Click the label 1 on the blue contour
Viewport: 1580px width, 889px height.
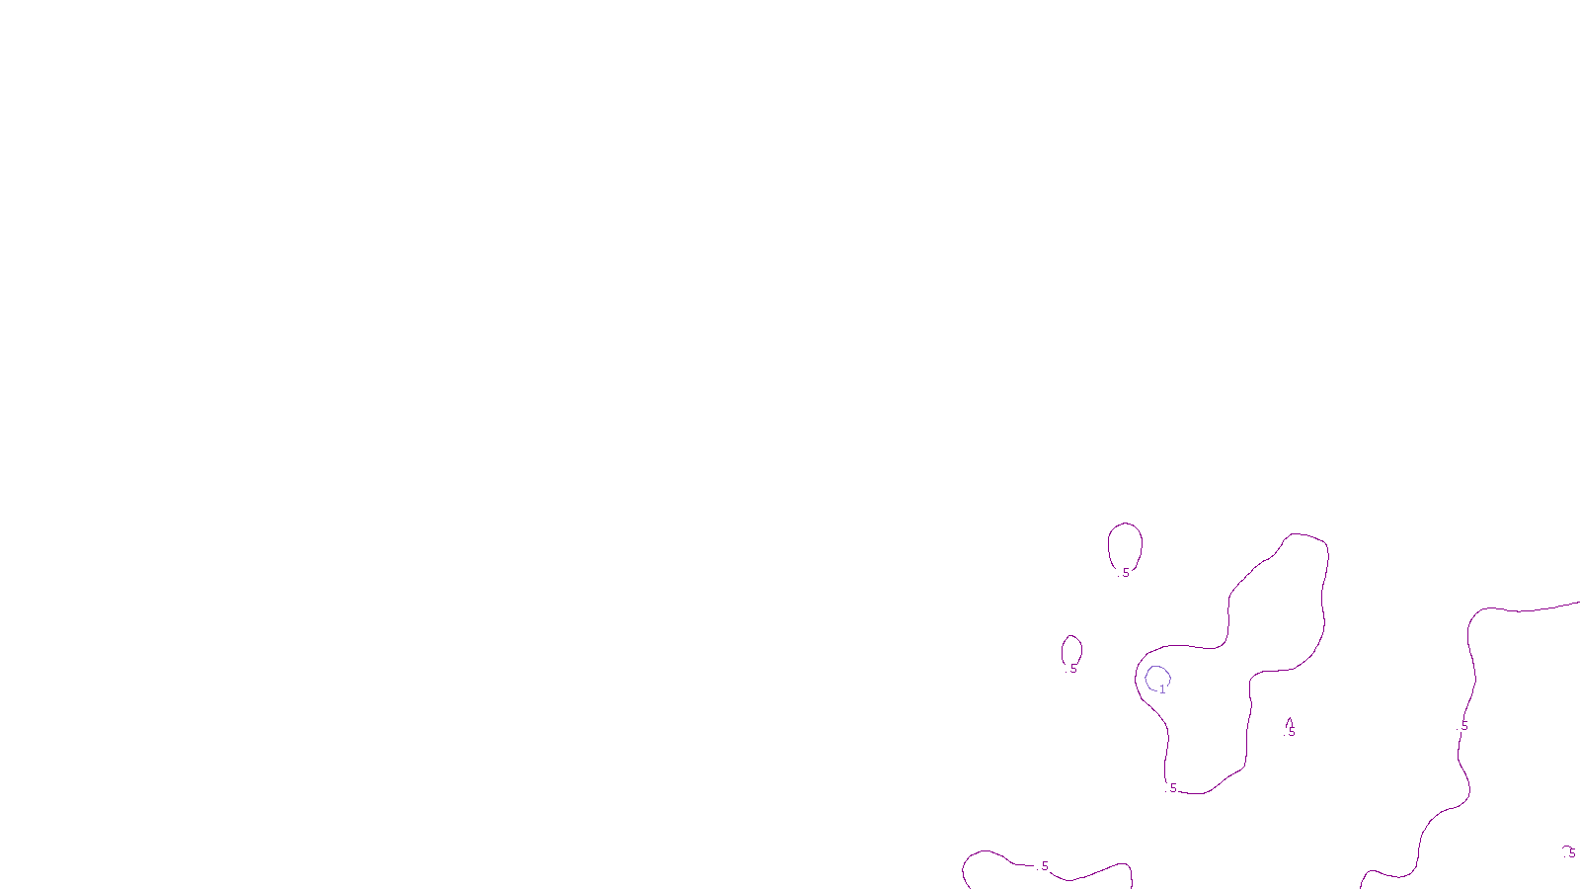pyautogui.click(x=1162, y=689)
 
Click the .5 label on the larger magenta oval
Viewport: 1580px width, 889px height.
pyautogui.click(x=1125, y=573)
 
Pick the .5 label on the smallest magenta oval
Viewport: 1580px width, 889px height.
pyautogui.click(x=1072, y=669)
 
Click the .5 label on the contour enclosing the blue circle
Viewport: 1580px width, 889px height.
pyautogui.click(x=1172, y=788)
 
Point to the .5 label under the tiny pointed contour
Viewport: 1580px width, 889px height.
pyautogui.click(x=1290, y=733)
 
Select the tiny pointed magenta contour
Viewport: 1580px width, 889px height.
pyautogui.click(x=1290, y=722)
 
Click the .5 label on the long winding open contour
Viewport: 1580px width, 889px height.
pyautogui.click(x=1463, y=726)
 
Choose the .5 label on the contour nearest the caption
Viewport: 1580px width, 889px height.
pyautogui.click(x=1044, y=866)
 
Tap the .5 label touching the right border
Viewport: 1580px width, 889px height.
pyautogui.click(x=1571, y=853)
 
